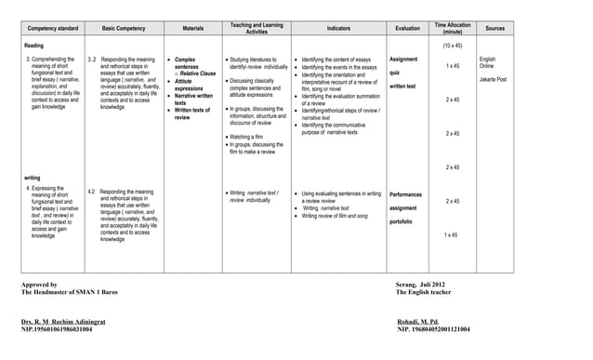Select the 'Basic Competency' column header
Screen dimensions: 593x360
[123, 29]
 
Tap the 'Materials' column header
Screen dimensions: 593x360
[193, 29]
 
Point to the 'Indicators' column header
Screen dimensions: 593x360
[338, 29]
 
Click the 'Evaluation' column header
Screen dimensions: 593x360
[408, 29]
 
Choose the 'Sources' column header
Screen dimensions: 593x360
[495, 29]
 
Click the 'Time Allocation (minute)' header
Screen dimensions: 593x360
[453, 28]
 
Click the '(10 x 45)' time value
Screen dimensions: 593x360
[453, 45]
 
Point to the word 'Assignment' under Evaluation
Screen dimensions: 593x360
[403, 60]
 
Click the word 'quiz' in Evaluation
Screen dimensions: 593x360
[395, 73]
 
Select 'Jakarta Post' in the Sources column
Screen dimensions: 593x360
[493, 80]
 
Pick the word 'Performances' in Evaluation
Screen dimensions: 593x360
[405, 193]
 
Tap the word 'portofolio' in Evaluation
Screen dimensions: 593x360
[402, 221]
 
